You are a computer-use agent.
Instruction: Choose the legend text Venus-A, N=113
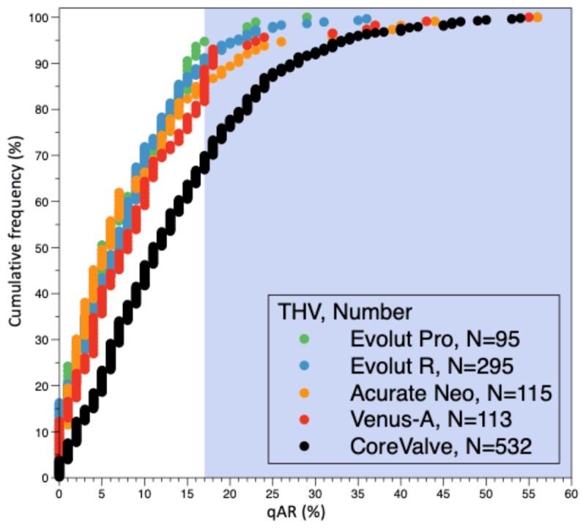click(429, 419)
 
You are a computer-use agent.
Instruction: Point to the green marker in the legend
click(305, 339)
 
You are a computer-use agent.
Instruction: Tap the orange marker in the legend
click(305, 393)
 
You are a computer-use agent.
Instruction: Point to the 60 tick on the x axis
click(571, 494)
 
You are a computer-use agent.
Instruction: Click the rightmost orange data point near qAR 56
click(537, 17)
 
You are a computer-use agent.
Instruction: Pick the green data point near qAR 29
click(307, 17)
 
